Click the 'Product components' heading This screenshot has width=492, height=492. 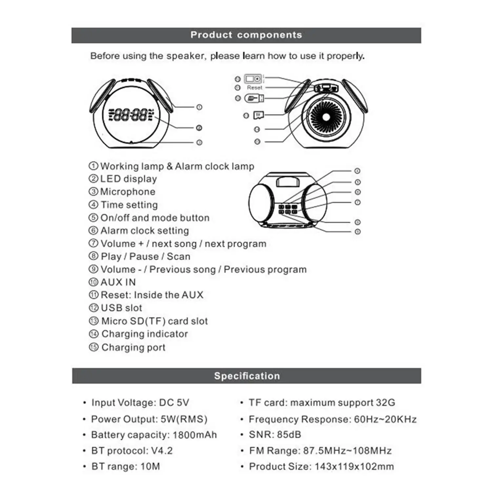[246, 35]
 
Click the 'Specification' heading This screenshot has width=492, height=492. [247, 376]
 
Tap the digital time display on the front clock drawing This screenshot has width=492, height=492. [131, 115]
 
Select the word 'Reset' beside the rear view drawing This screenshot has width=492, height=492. [255, 88]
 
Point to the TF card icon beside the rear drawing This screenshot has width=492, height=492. [258, 115]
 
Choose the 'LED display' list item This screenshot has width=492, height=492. [128, 179]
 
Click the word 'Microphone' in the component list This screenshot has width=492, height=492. [128, 192]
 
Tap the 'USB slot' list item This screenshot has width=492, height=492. [121, 308]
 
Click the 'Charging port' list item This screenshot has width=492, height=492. [133, 347]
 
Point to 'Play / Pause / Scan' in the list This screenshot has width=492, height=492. [145, 256]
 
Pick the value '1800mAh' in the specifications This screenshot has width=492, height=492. [195, 435]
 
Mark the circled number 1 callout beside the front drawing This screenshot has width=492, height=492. [199, 107]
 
